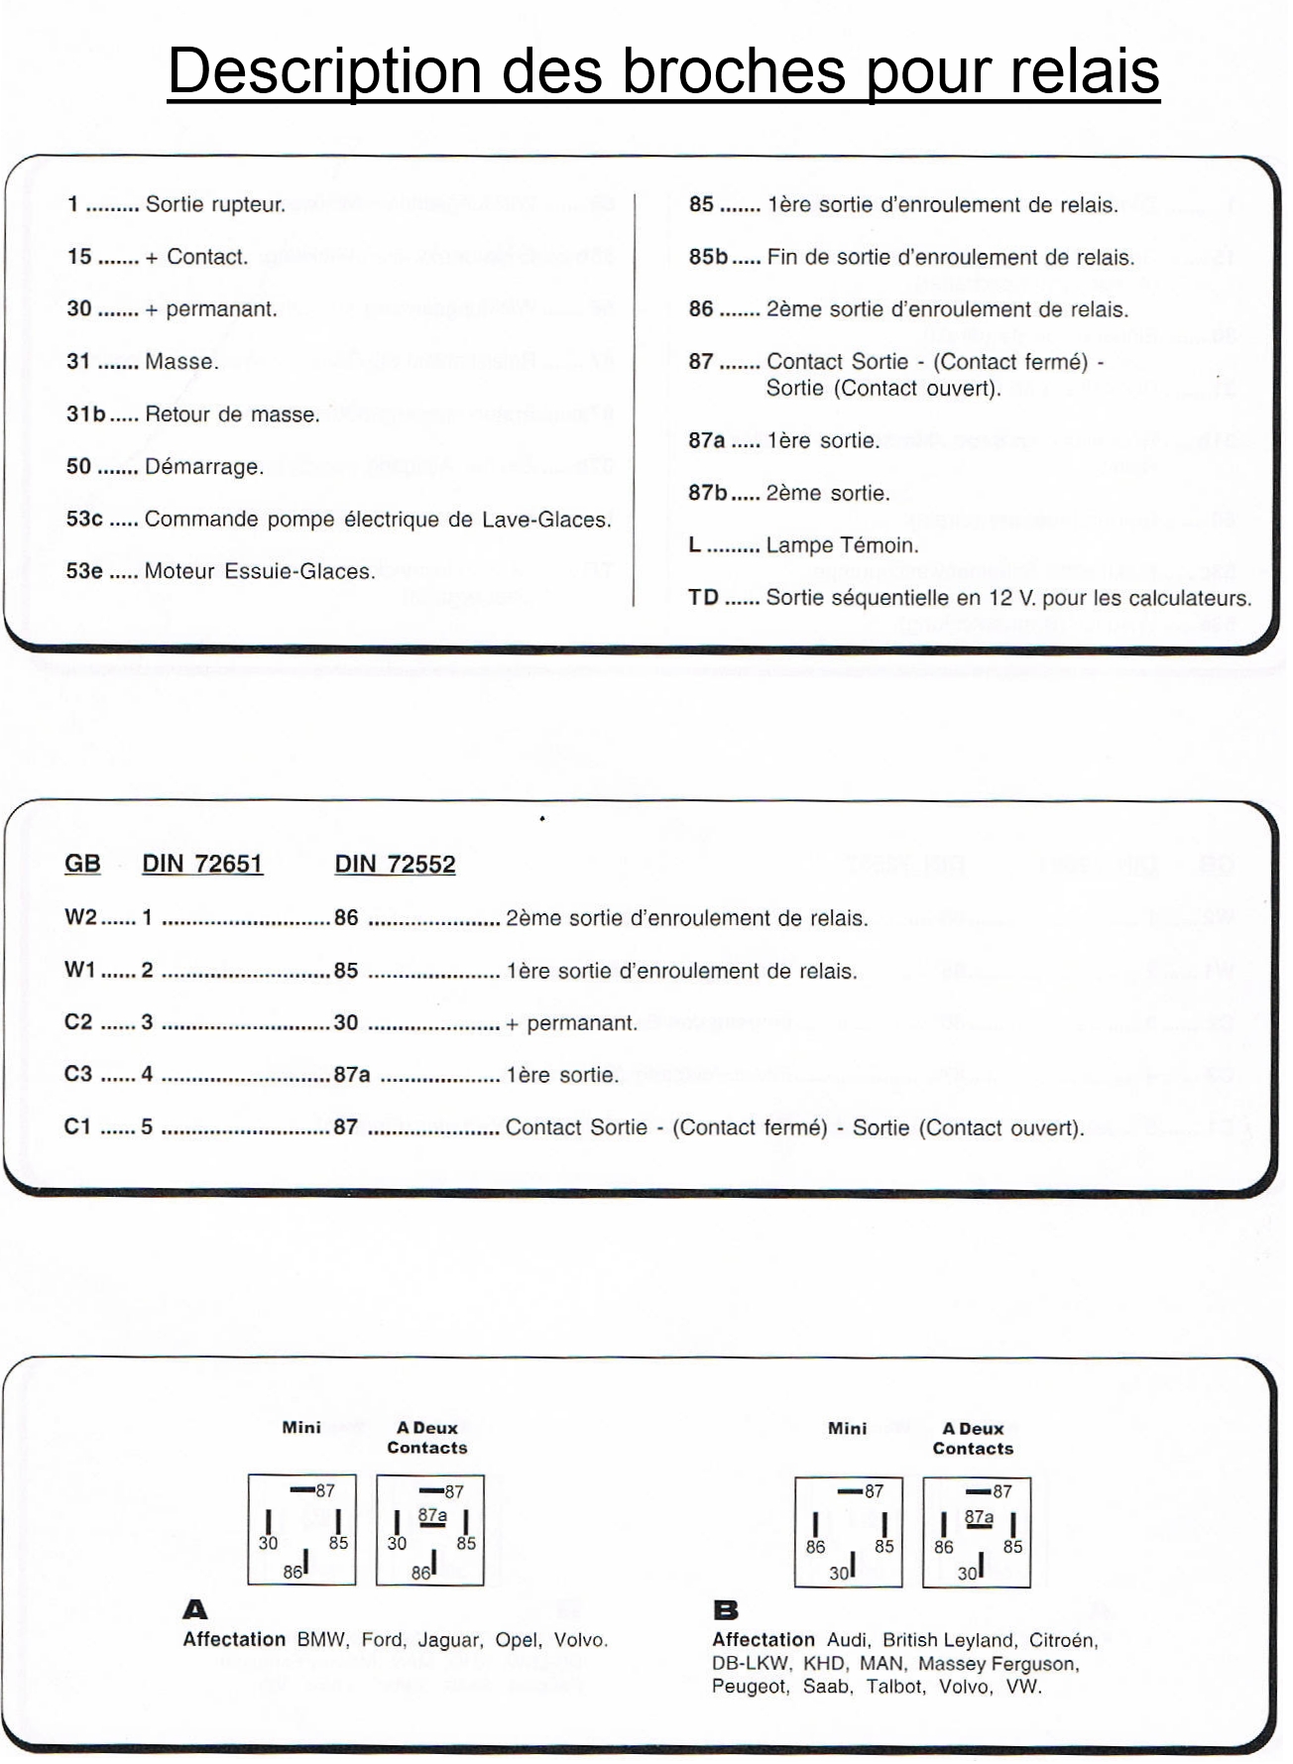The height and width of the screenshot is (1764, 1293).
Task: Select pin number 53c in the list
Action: (84, 520)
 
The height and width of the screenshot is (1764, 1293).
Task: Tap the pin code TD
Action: (703, 598)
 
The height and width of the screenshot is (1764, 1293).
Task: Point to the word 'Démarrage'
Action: (204, 467)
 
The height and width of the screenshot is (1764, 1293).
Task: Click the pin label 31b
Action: (86, 414)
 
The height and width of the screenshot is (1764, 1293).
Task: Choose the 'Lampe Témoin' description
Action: (843, 545)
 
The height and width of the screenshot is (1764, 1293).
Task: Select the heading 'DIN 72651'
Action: (202, 864)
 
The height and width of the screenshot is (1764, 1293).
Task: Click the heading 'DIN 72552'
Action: (395, 865)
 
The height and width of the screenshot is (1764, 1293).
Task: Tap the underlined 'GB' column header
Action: (82, 864)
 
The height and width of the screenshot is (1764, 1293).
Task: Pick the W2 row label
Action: (81, 918)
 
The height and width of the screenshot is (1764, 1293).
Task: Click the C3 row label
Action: (78, 1075)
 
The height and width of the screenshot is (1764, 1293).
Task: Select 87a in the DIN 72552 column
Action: (352, 1075)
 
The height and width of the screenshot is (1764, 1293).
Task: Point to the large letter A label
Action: (195, 1609)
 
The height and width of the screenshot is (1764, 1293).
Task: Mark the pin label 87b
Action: (708, 493)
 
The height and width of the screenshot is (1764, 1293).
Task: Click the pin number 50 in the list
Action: (79, 467)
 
